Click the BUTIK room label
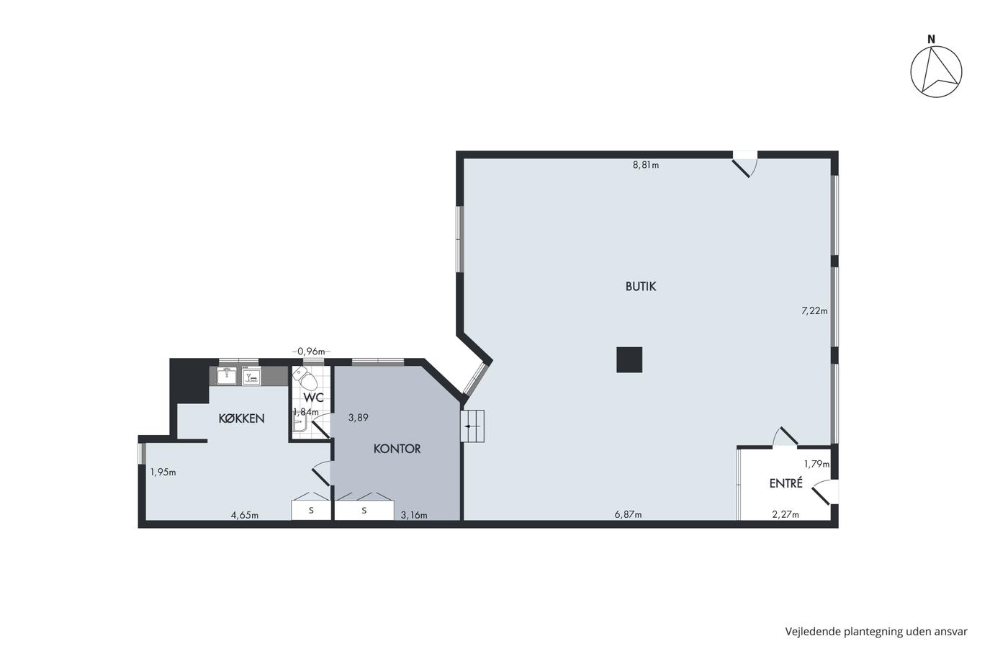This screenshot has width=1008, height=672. [x=640, y=286]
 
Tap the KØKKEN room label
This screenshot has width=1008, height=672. [x=241, y=418]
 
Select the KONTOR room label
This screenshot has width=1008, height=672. [x=397, y=449]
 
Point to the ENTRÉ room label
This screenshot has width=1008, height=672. [x=786, y=483]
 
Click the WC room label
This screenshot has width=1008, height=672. [x=314, y=398]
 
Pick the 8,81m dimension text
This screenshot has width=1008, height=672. [x=646, y=165]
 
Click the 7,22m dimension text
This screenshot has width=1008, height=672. [x=814, y=310]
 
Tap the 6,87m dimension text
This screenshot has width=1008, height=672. [x=628, y=514]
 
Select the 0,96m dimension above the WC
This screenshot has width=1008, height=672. [x=311, y=351]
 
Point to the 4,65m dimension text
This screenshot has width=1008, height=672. [x=244, y=515]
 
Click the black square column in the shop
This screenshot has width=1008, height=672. [x=629, y=359]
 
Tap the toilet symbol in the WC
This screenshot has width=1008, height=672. [x=305, y=378]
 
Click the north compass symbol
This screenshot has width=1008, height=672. [x=936, y=71]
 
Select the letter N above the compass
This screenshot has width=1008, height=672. [x=931, y=39]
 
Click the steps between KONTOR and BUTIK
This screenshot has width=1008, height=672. [x=472, y=426]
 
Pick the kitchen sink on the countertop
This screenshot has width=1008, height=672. [x=227, y=375]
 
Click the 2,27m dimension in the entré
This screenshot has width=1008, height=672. [x=786, y=514]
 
